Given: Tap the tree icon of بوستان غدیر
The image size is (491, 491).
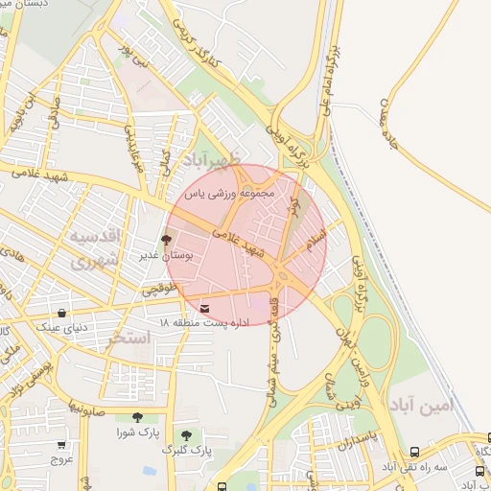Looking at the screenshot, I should click(166, 241).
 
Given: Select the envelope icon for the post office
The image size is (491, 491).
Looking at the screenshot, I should click(206, 308).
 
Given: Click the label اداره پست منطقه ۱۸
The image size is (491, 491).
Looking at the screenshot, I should click(205, 322).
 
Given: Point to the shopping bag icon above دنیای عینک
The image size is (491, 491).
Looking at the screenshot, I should click(62, 313).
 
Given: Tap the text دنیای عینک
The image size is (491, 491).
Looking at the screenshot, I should click(62, 327).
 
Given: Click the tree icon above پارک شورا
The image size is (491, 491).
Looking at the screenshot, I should click(137, 417).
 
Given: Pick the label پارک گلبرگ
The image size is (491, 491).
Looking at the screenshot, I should click(187, 449).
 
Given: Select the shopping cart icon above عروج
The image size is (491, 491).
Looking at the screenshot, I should click(62, 445).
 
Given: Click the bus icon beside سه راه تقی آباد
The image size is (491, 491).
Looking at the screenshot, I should click(414, 452).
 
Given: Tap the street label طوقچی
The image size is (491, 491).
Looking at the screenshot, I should click(159, 288).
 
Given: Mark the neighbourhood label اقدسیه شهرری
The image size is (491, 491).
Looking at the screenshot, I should click(93, 246).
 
